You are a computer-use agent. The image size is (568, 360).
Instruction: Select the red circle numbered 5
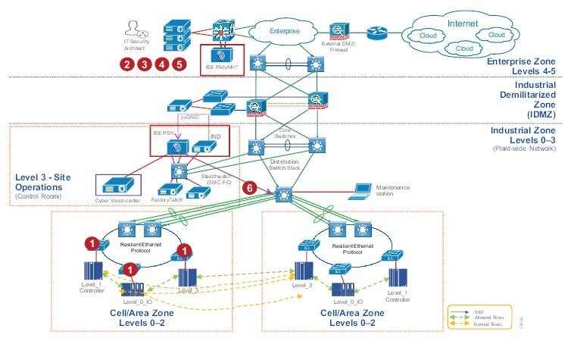(179, 64)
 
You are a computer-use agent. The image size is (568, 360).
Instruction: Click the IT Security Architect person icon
(136, 29)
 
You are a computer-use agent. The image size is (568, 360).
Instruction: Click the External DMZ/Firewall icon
(337, 31)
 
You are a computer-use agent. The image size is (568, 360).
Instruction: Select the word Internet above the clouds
(462, 23)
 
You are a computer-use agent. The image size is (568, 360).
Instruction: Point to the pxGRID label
(190, 117)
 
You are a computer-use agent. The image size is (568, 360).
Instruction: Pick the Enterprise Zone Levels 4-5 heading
(523, 64)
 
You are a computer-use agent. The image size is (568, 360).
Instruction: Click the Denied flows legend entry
(485, 324)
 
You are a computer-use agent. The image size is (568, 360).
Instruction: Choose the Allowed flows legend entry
(485, 317)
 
